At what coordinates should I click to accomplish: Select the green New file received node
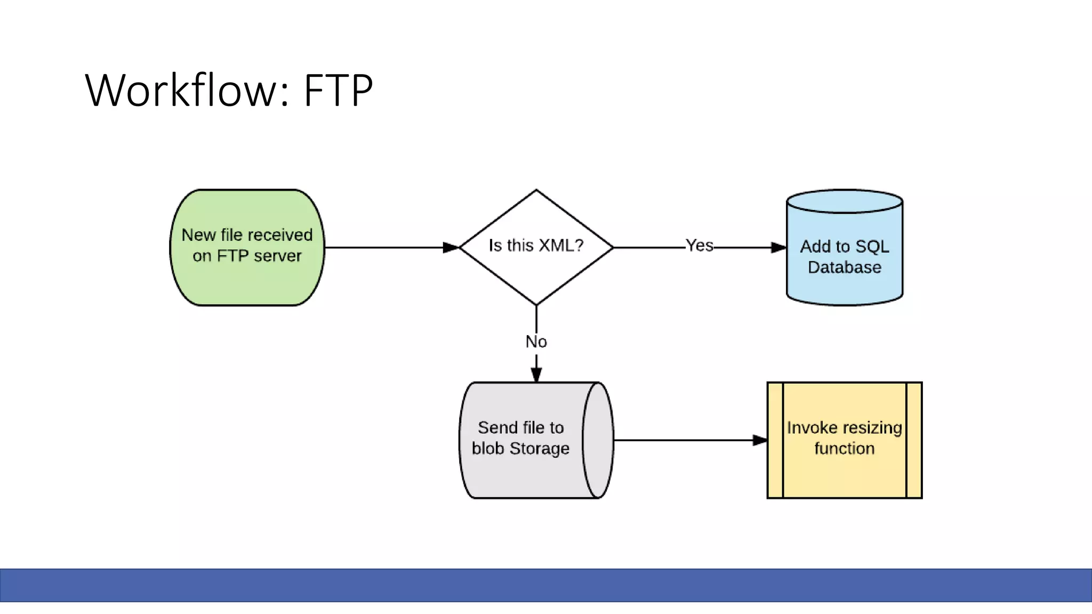point(247,247)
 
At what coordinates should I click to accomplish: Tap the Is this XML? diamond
point(536,247)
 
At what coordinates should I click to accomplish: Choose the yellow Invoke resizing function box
point(844,440)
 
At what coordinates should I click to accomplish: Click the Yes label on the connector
point(699,246)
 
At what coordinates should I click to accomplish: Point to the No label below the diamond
point(536,342)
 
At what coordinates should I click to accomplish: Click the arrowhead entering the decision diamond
point(451,247)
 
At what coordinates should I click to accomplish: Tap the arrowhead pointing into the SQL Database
point(778,247)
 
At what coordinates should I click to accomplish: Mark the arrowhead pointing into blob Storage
point(536,374)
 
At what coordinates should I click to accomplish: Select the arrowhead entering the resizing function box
point(760,440)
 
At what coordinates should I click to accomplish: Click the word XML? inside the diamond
point(561,246)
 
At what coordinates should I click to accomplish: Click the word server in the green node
point(277,256)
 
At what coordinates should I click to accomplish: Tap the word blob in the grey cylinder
point(487,449)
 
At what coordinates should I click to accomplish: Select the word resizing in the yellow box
point(872,428)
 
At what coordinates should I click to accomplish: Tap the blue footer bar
point(546,585)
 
